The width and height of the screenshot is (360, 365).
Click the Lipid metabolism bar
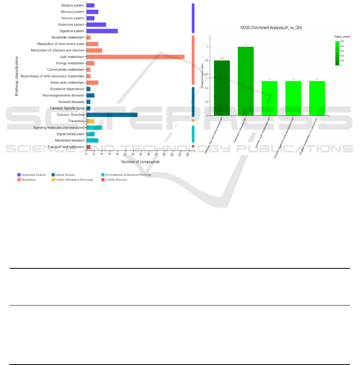click(x=135, y=57)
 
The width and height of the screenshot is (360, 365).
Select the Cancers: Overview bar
click(x=112, y=115)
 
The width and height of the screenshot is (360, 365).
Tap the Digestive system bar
click(x=102, y=31)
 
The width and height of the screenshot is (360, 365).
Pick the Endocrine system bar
click(x=96, y=24)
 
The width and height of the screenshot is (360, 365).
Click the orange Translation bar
click(x=91, y=121)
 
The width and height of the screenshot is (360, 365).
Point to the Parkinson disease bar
click(x=246, y=81)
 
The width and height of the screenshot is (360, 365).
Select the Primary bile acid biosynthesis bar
click(x=222, y=88)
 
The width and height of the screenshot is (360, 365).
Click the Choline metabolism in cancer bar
click(x=317, y=98)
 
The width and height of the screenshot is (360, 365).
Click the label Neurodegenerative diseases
click(x=64, y=95)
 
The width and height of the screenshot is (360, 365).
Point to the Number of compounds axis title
click(x=140, y=162)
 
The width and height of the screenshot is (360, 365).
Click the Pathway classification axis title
click(x=17, y=76)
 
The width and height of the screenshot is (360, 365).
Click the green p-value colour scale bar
click(x=337, y=53)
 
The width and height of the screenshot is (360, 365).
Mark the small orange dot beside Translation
click(x=193, y=120)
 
